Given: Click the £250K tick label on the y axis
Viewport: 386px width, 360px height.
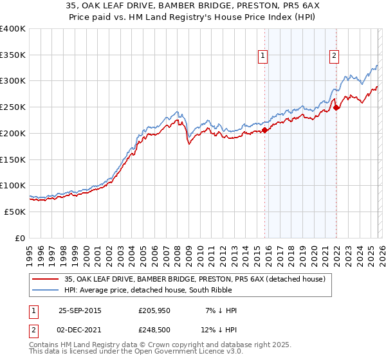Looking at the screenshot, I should click(x=13, y=107).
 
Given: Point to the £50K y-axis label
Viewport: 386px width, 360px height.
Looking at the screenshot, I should click(x=15, y=212).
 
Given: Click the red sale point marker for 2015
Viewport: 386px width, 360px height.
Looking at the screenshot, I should click(x=264, y=130).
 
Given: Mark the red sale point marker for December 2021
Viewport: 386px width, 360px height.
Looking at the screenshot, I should click(x=336, y=107).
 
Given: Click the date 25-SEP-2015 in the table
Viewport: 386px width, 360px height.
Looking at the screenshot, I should click(x=80, y=310).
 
